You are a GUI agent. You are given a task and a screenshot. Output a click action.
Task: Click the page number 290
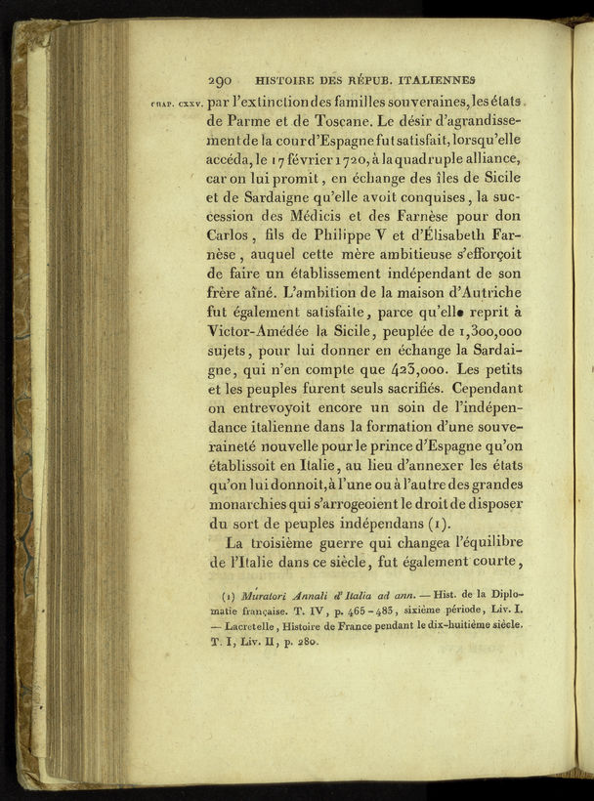point(219,81)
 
